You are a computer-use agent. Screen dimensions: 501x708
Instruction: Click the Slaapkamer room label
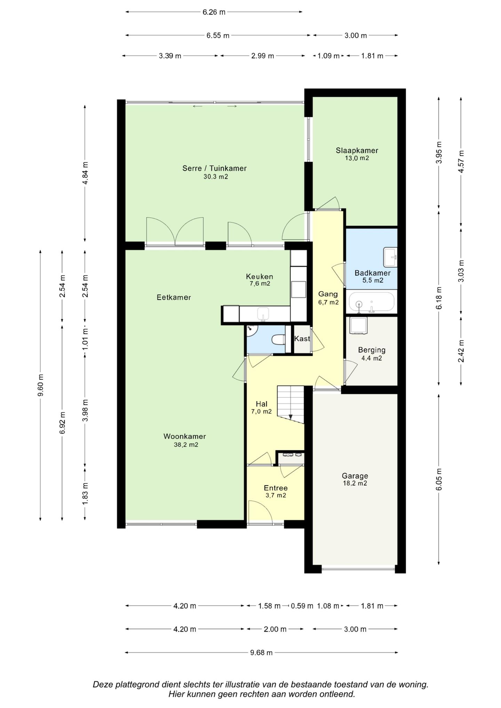[357, 151]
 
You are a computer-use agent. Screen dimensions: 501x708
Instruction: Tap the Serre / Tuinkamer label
[214, 168]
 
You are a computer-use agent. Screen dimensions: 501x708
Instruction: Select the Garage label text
[355, 476]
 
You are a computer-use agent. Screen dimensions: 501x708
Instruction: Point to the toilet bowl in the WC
[279, 339]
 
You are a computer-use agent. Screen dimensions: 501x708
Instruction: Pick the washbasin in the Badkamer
[390, 257]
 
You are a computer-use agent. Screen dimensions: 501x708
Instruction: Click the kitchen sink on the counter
[263, 314]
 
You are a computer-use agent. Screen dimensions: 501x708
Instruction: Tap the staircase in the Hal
[291, 404]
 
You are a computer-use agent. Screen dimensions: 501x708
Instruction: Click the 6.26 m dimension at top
[214, 12]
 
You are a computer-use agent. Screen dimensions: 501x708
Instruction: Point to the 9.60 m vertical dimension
[41, 385]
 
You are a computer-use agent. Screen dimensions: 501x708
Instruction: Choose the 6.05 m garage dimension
[439, 479]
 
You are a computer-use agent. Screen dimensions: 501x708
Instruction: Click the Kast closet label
[302, 338]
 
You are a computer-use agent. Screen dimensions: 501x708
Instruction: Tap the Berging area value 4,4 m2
[372, 358]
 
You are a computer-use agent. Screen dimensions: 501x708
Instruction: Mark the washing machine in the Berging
[359, 325]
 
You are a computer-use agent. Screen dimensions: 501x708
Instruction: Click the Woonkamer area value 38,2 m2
[186, 444]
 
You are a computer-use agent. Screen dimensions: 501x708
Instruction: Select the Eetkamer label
[174, 297]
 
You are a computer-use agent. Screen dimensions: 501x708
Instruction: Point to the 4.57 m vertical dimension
[461, 161]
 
